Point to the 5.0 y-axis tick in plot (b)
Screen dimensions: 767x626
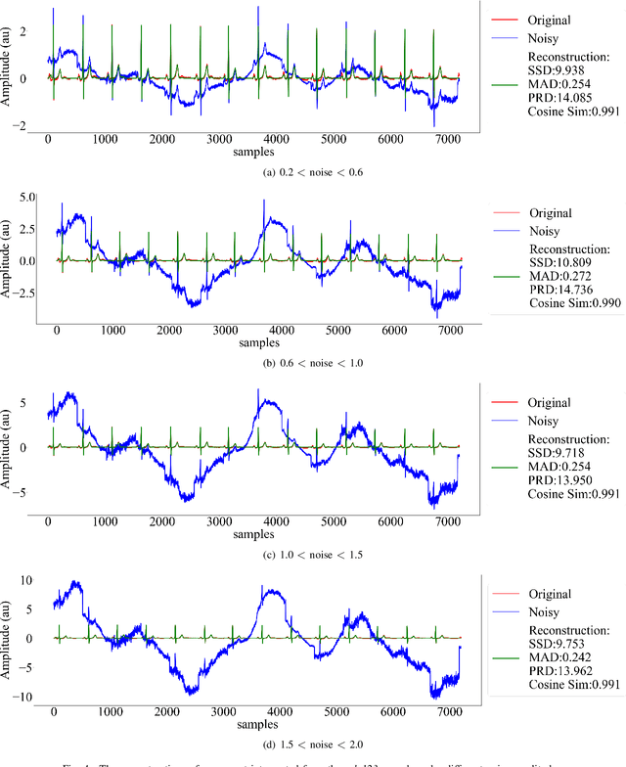(26, 198)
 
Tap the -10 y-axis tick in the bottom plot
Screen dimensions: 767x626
(26, 697)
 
